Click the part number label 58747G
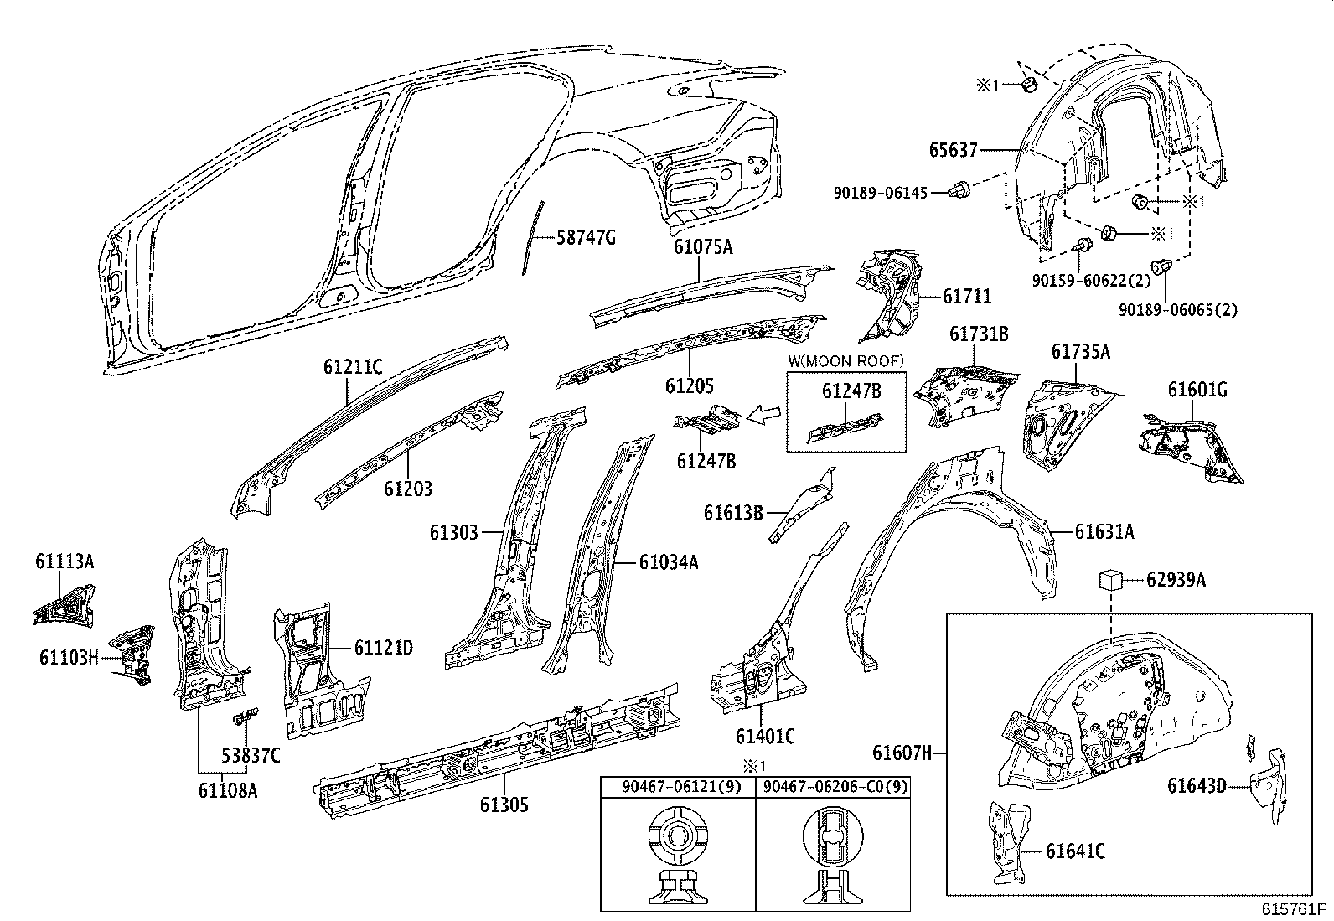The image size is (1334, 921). tap(587, 238)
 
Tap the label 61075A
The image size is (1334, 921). tap(702, 246)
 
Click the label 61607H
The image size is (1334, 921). tap(902, 753)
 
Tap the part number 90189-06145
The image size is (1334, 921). tap(880, 192)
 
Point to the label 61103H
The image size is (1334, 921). tap(69, 657)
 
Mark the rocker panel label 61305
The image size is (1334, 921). tap(504, 805)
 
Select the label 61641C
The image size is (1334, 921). tap(1075, 851)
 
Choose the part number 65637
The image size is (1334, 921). tap(953, 150)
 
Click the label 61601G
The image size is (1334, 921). tap(1197, 390)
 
